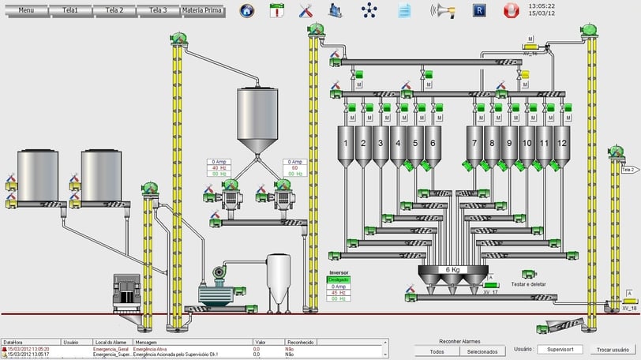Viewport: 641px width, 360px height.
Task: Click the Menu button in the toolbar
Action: (x=26, y=11)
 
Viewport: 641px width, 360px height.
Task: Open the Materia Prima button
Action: (x=202, y=11)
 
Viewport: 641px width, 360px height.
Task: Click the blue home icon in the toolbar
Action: (x=247, y=11)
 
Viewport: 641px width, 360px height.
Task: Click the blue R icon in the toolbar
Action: (x=478, y=11)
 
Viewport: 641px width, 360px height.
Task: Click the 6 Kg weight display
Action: (x=452, y=269)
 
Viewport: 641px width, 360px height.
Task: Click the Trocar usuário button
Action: (x=613, y=349)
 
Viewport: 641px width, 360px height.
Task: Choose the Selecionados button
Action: (x=482, y=351)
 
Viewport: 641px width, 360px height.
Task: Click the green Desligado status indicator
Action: (x=339, y=279)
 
